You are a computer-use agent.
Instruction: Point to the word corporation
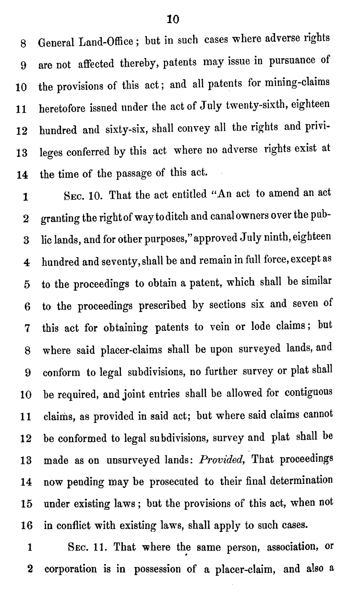70,571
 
